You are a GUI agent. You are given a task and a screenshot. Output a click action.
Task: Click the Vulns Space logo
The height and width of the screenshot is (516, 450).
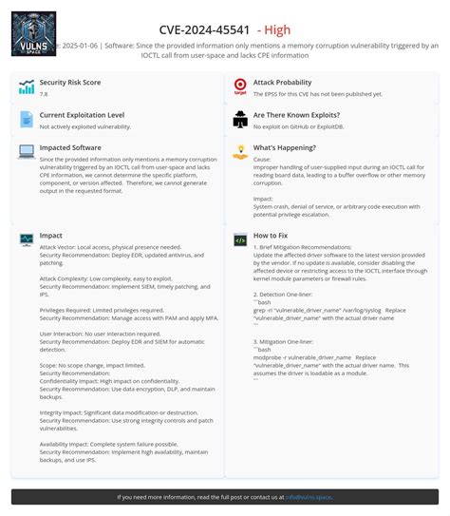point(33,32)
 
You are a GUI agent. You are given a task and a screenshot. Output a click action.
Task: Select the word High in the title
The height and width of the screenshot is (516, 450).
point(277,29)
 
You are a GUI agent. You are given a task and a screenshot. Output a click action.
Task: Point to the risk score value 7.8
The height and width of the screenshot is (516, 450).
point(44,94)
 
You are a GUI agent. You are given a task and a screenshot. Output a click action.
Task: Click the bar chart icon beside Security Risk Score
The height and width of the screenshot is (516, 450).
point(26,87)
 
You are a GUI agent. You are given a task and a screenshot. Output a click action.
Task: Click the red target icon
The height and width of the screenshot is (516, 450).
point(240,87)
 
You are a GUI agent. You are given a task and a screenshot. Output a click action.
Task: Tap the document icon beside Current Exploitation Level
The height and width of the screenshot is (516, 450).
point(26,119)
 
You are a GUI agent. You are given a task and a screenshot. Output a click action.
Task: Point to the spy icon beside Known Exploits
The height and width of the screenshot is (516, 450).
point(240,119)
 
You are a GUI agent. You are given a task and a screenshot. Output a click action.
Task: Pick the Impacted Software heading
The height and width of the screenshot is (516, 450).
point(70,147)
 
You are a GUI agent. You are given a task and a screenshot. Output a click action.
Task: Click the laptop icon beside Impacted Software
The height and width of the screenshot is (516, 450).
point(26,150)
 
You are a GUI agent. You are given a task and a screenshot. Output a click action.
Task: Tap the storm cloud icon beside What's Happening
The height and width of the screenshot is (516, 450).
point(240,151)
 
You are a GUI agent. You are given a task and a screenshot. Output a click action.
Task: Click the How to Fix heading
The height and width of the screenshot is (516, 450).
point(272,235)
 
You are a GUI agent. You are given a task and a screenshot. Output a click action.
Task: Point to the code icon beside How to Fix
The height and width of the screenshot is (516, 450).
point(240,239)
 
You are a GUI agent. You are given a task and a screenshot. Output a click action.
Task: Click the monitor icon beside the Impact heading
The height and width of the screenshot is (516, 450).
point(26,239)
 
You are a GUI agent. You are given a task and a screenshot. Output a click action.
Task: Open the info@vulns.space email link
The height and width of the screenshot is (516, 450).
point(308,496)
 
